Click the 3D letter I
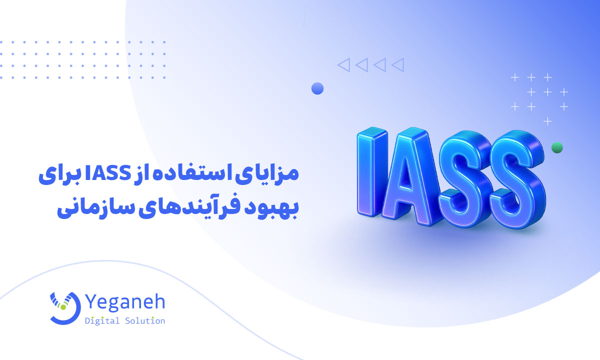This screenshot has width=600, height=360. (372, 172)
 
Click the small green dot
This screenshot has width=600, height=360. (557, 147)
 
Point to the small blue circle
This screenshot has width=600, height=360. (317, 89)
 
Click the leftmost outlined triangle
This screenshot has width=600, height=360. (343, 64)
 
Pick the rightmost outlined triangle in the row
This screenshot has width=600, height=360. (398, 64)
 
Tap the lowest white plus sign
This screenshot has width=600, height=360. (547, 121)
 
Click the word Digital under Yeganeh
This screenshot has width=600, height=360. (102, 321)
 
